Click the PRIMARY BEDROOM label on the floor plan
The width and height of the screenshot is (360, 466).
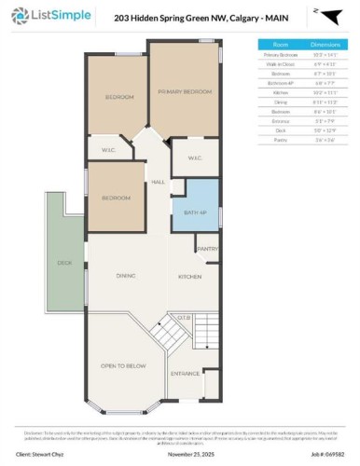point(185,91)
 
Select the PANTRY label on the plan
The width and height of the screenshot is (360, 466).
point(206,249)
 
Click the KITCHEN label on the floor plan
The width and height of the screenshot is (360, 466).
point(191,278)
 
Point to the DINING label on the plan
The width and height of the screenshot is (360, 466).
point(127,276)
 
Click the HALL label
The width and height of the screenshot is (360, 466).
point(159,182)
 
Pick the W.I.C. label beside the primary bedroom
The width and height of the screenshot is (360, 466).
point(195,158)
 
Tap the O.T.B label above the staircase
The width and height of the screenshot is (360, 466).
point(185,316)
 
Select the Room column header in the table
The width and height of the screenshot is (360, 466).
point(280,43)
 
